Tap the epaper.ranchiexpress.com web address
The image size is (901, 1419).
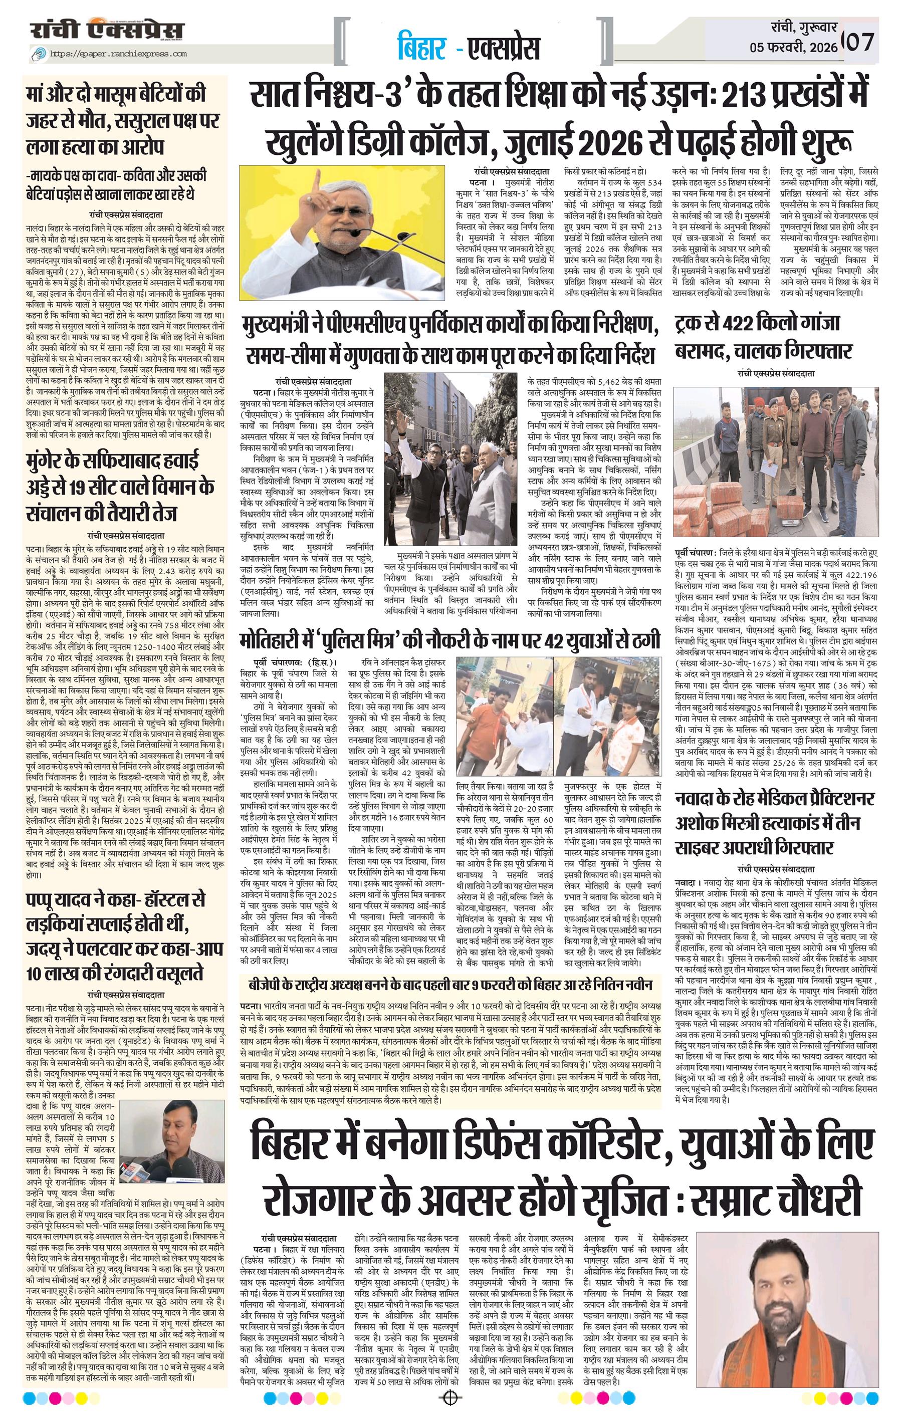pyautogui.click(x=118, y=54)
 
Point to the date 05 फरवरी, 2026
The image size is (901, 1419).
pyautogui.click(x=793, y=48)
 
